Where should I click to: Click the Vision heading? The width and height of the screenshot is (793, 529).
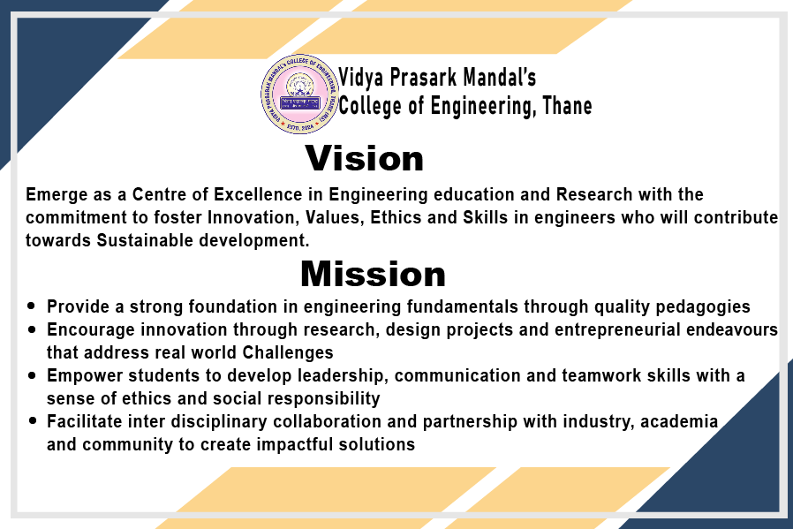365,159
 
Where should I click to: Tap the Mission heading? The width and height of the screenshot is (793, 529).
373,274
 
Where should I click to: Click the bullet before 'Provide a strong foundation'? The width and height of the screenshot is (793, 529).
32,306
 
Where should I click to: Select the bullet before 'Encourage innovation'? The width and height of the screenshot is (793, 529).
32,329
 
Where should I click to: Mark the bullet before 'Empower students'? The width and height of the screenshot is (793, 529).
32,375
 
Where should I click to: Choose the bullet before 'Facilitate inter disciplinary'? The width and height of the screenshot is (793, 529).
32,421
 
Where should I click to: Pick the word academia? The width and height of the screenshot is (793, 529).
679,422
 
